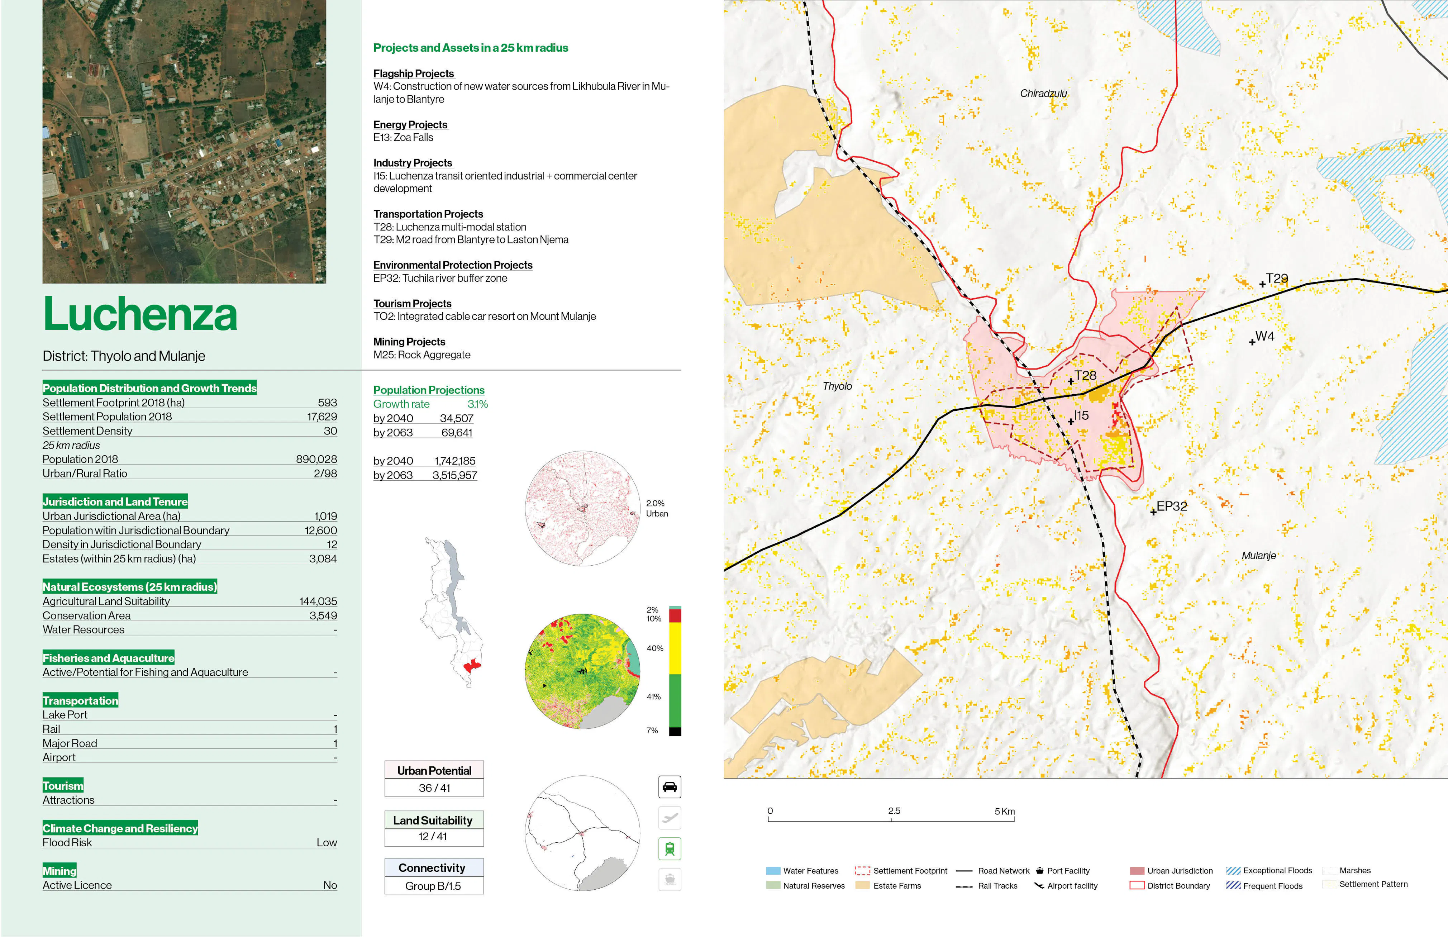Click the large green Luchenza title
click(x=140, y=315)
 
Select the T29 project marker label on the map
click(x=1276, y=279)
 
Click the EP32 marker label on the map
click(x=1171, y=506)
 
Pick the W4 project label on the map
click(x=1264, y=337)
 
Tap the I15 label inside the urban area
click(x=1081, y=415)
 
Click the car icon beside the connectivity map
click(x=669, y=787)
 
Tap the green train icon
click(x=669, y=848)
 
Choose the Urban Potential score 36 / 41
click(x=434, y=788)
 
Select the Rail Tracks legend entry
click(x=996, y=886)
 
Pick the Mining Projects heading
click(x=409, y=342)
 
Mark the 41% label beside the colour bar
click(x=653, y=697)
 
